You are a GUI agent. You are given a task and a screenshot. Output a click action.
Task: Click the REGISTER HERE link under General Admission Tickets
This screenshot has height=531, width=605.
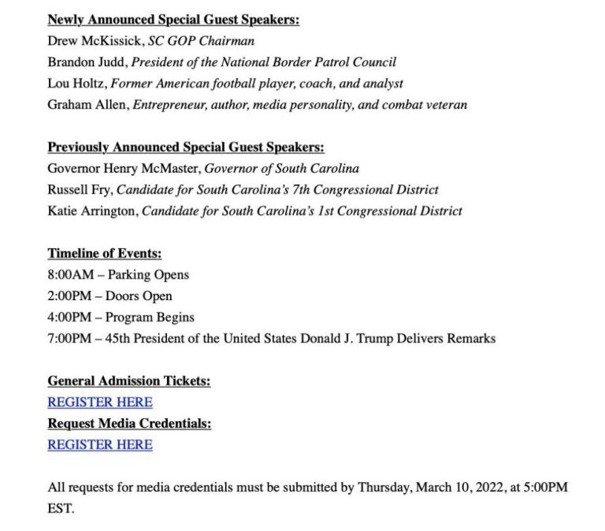pyautogui.click(x=100, y=402)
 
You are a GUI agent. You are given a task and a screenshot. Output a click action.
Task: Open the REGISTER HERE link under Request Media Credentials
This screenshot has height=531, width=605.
pyautogui.click(x=100, y=444)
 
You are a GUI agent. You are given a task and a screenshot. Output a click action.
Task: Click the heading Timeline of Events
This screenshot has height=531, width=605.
pyautogui.click(x=105, y=254)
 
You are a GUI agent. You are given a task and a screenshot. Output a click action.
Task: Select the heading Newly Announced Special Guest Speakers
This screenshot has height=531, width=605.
pyautogui.click(x=173, y=20)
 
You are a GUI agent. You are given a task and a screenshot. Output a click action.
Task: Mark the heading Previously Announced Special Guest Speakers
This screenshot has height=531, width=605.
pyautogui.click(x=186, y=147)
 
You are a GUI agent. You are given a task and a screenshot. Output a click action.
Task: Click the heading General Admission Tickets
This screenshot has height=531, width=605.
pyautogui.click(x=129, y=381)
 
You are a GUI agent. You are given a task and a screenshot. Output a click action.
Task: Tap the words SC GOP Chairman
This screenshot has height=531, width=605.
pyautogui.click(x=201, y=41)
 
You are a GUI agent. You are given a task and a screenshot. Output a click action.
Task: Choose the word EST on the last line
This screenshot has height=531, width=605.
pyautogui.click(x=60, y=509)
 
